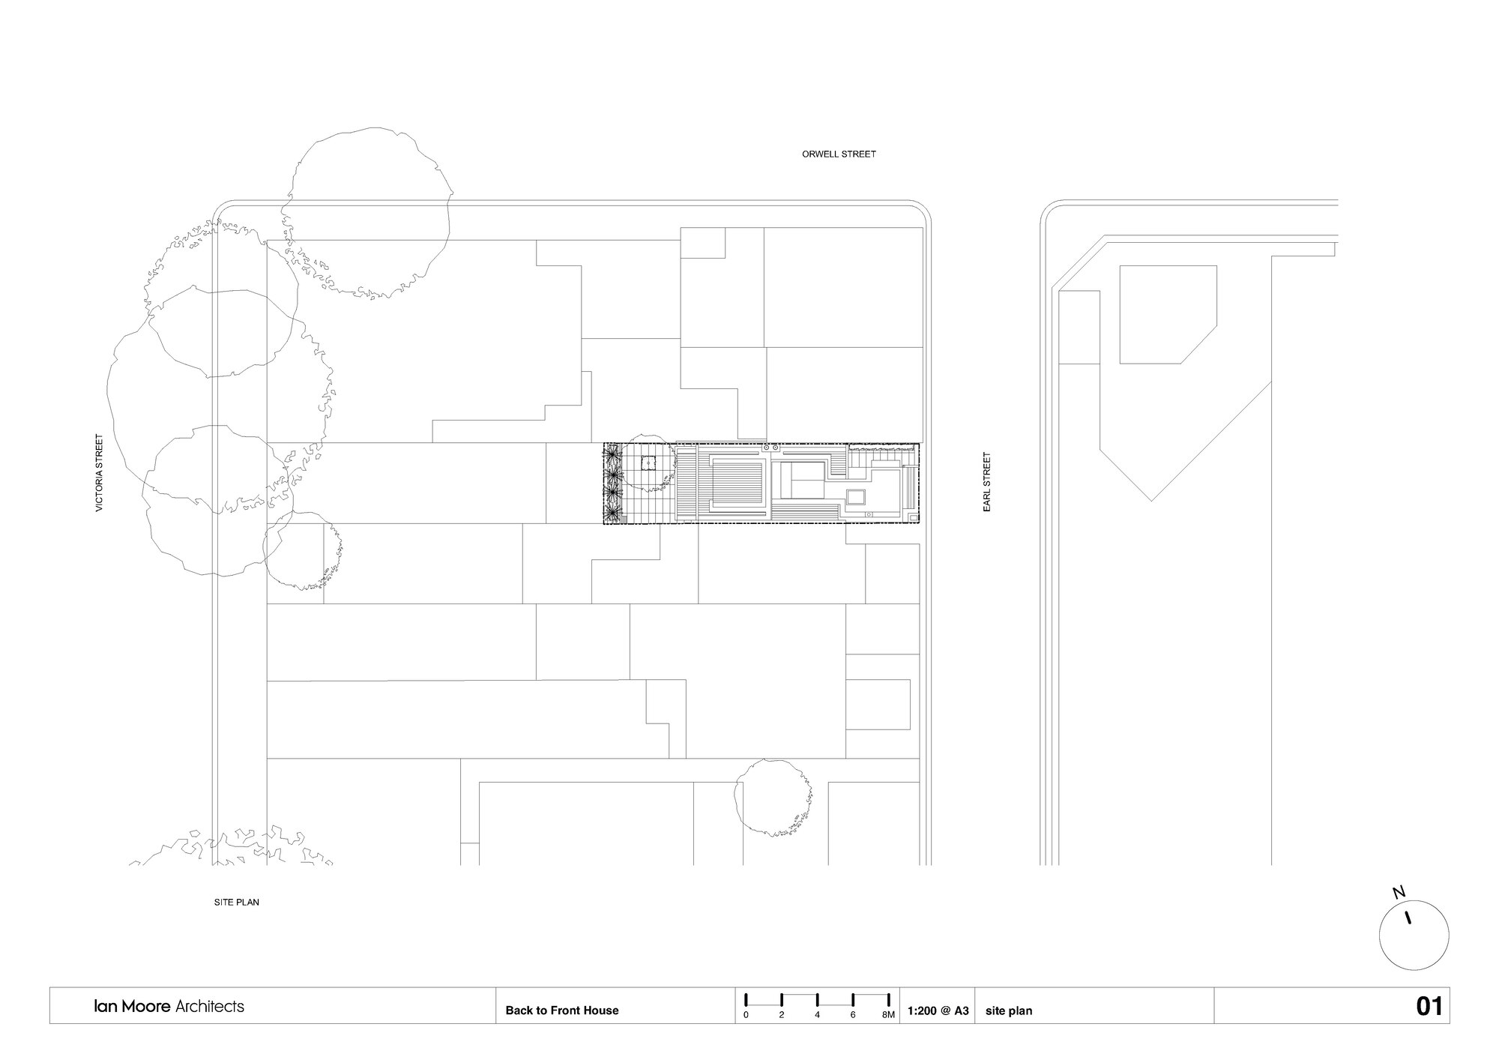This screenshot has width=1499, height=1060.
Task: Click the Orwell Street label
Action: [x=839, y=154]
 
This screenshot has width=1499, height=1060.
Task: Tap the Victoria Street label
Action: [x=99, y=473]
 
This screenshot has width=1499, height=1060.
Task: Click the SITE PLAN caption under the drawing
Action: [x=237, y=903]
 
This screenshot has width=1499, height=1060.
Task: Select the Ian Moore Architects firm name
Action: [x=169, y=1006]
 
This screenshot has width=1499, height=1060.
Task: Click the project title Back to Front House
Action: [x=561, y=1011]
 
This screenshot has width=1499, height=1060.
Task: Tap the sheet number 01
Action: [x=1429, y=1006]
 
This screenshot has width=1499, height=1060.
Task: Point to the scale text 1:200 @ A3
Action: [x=938, y=1011]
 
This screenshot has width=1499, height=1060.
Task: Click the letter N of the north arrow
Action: [x=1399, y=892]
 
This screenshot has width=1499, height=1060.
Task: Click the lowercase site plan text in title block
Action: [x=1009, y=1011]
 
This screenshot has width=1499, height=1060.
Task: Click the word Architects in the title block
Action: [x=209, y=1006]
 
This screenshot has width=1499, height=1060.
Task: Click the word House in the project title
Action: [x=601, y=1011]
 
